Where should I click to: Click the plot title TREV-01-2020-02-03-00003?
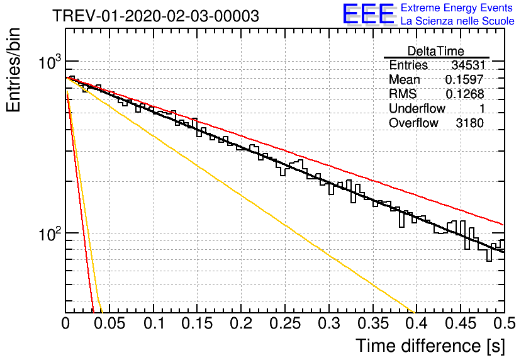coord(155,16)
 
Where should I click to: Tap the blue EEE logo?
coord(368,14)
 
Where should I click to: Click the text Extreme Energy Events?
coord(457,8)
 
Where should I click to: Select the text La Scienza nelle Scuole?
coord(457,21)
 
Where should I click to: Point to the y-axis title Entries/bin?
coord(13,70)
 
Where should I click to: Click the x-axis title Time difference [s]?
coord(430,346)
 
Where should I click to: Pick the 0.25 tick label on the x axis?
coord(285,323)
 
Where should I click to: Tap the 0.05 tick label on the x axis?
coord(109,323)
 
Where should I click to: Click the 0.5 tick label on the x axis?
coord(504,323)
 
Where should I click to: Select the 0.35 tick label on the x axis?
coord(373,323)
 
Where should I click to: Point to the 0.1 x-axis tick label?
coord(154,323)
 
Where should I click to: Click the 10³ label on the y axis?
coord(50,62)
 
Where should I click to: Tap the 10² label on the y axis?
coord(50,233)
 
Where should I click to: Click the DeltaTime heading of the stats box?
coord(436,51)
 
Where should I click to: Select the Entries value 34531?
coord(468,65)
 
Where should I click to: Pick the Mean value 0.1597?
coord(464,79)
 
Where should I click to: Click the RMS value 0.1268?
coord(464,94)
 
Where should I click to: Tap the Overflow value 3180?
coord(469,123)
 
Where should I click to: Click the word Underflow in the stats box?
coord(417,108)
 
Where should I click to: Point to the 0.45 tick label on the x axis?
coord(461,323)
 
